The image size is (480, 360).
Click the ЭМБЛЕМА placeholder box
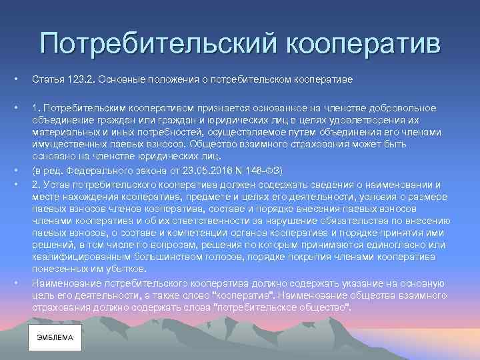click(55, 338)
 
